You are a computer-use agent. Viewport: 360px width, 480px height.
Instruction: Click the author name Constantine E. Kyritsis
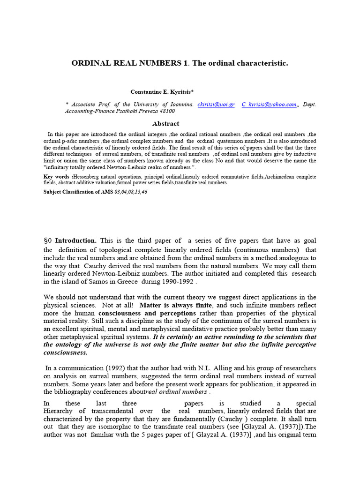[161, 92]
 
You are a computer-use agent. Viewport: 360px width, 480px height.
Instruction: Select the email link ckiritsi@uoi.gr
[216, 104]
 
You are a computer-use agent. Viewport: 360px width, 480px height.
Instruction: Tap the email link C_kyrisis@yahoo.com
[269, 104]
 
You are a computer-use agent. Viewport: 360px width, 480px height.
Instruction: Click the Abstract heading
[165, 124]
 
